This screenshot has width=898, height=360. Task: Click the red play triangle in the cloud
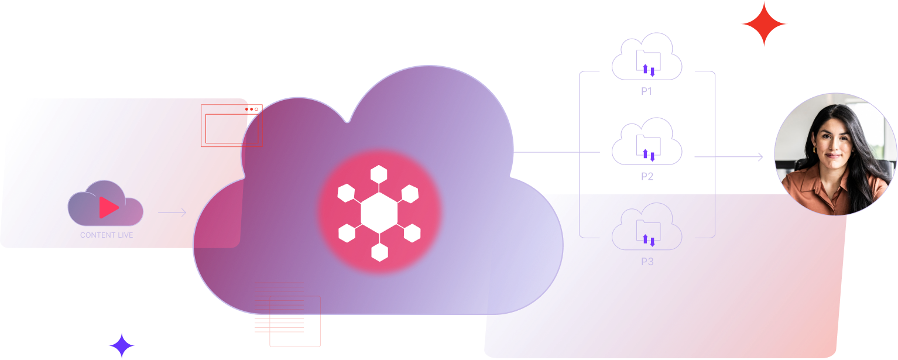108,207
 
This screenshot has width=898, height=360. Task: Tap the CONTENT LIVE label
107,235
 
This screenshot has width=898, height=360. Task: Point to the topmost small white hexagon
379,174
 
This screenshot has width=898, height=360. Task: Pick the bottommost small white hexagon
379,252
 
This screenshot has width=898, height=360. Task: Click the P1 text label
647,91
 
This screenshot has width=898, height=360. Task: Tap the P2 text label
647,176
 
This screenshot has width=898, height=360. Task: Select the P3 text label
647,262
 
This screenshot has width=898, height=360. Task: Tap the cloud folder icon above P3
647,228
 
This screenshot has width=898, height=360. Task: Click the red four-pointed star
763,24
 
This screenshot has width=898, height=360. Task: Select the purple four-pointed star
122,345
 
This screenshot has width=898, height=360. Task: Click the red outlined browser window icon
232,125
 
